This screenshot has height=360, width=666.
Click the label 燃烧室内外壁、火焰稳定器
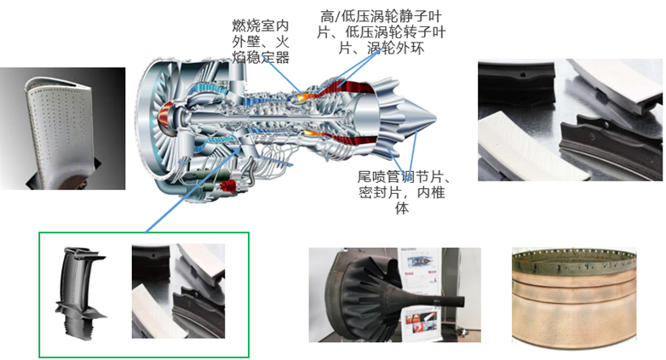(261, 42)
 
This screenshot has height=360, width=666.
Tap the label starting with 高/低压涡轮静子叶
(381, 32)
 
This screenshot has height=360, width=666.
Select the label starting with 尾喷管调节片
(402, 192)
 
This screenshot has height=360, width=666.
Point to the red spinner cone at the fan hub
(164, 117)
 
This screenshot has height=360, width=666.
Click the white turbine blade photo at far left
(62, 129)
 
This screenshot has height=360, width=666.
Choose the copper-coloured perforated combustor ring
(574, 294)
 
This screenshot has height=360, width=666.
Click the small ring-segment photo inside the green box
(178, 291)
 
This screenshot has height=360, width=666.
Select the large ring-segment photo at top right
(570, 120)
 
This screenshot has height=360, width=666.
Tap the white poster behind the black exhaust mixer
(422, 294)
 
